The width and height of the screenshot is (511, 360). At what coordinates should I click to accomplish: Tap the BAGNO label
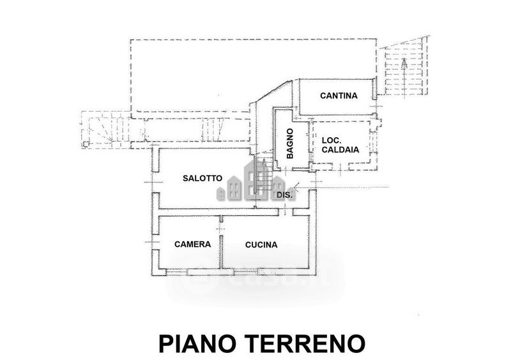(290, 144)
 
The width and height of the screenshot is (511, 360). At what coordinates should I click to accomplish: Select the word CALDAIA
(340, 151)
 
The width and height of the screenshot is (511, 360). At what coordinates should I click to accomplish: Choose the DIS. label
(284, 195)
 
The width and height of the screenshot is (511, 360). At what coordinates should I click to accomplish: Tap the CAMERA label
(192, 244)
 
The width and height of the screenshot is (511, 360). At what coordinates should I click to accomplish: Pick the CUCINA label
(261, 244)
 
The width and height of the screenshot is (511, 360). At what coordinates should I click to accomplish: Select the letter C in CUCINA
(247, 244)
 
